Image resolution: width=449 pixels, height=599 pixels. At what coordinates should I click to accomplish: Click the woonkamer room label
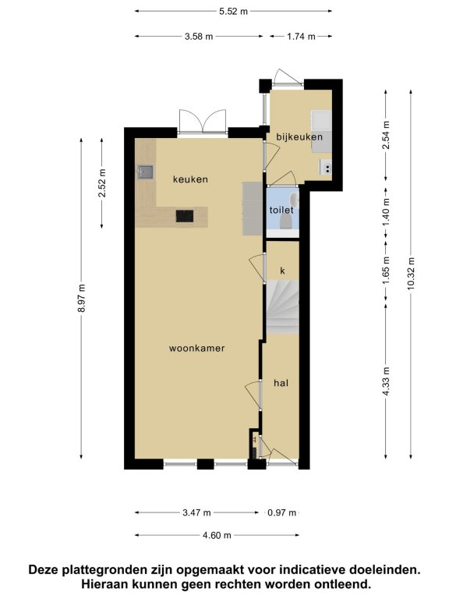click(196, 348)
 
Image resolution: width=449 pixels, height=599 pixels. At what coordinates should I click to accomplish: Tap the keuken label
click(190, 179)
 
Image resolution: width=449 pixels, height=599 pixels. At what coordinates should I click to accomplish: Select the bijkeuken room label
click(299, 136)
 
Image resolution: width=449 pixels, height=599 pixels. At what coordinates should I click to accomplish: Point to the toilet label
click(281, 210)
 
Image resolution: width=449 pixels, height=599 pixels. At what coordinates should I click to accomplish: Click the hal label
click(281, 383)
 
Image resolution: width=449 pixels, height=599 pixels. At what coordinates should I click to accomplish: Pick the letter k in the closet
click(282, 271)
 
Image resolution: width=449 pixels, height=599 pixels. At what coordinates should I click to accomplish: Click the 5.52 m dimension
click(233, 12)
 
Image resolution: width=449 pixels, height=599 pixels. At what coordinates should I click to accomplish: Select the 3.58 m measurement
click(199, 37)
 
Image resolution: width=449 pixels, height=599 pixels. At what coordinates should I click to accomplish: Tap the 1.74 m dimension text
click(301, 37)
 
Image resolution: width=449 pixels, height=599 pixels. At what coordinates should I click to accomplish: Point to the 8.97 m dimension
click(81, 299)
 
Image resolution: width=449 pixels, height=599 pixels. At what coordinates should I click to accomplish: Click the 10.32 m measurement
click(411, 274)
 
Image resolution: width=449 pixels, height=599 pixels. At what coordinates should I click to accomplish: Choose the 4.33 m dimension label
click(386, 381)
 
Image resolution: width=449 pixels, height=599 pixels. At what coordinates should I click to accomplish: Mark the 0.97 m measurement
click(281, 512)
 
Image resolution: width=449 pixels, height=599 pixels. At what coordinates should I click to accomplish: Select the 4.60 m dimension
click(217, 536)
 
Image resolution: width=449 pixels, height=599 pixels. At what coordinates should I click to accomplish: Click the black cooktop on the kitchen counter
click(185, 216)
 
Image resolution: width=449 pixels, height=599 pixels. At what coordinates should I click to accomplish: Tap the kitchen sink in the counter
click(146, 172)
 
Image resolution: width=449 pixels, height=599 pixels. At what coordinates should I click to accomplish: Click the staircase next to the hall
click(282, 307)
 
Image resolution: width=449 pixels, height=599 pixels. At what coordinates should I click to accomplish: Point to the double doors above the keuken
click(203, 122)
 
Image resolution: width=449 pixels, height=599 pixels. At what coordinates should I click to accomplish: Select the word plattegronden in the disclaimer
click(104, 570)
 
